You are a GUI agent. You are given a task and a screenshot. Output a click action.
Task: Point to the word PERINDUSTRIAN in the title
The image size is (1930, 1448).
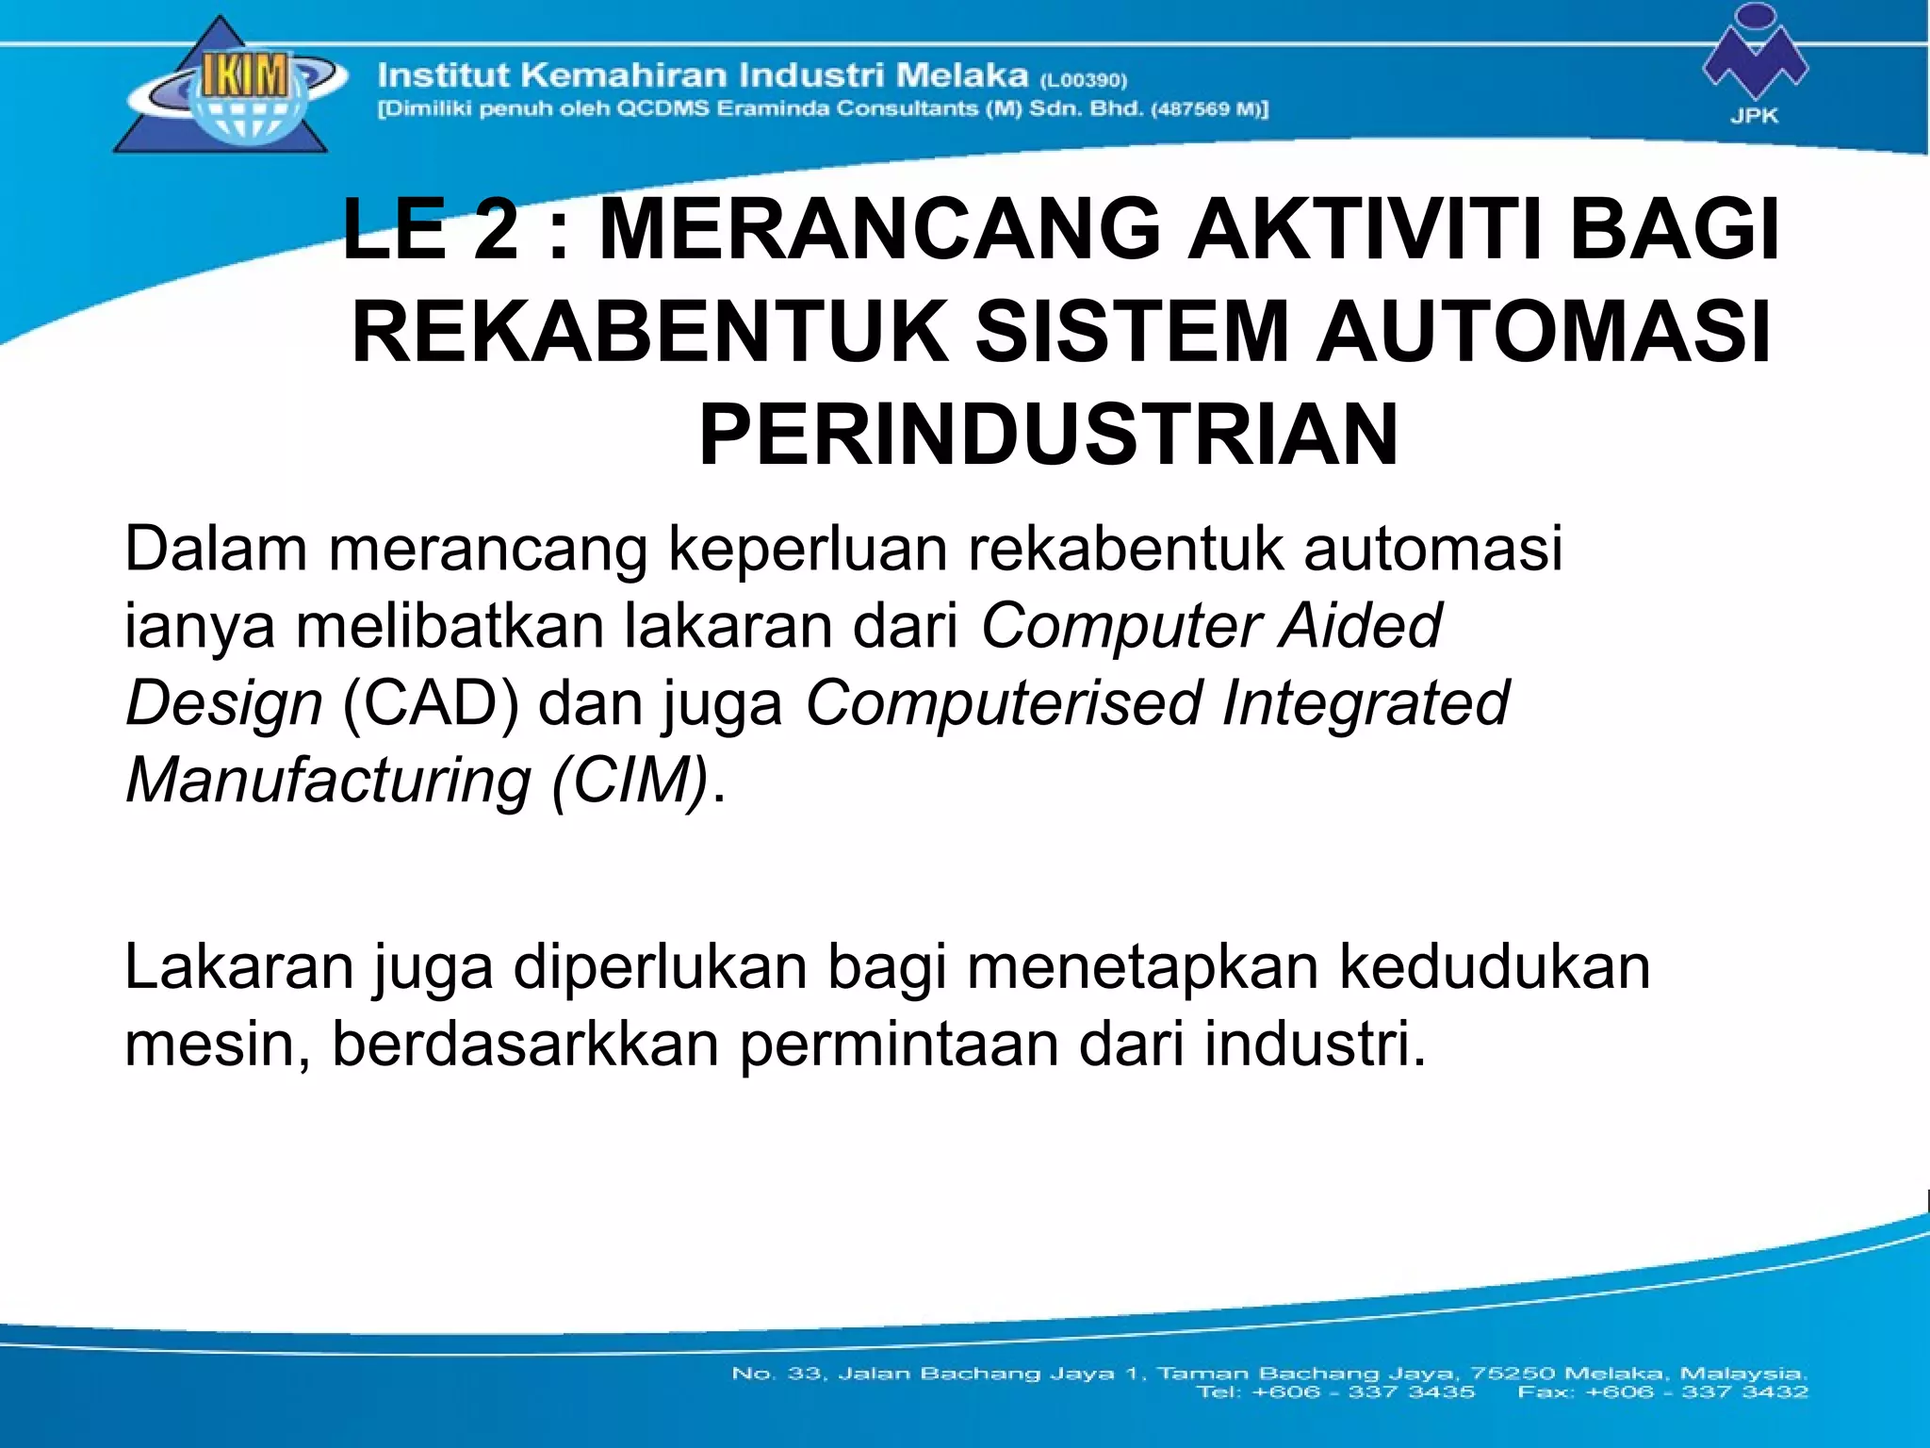[1048, 435]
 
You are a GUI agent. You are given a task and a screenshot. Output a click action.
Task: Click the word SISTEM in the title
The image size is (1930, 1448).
[1130, 332]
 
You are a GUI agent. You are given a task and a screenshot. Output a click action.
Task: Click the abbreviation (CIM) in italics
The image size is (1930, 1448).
[630, 782]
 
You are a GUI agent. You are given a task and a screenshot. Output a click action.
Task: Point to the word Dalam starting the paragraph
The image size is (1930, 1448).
[216, 549]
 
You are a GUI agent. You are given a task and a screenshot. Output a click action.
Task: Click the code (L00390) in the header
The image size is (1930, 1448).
[1084, 80]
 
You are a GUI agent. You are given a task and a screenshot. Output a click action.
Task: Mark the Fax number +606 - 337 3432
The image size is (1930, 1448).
[1696, 1391]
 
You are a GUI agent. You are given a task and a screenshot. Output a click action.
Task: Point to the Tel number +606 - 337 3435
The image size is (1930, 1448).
[1363, 1391]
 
